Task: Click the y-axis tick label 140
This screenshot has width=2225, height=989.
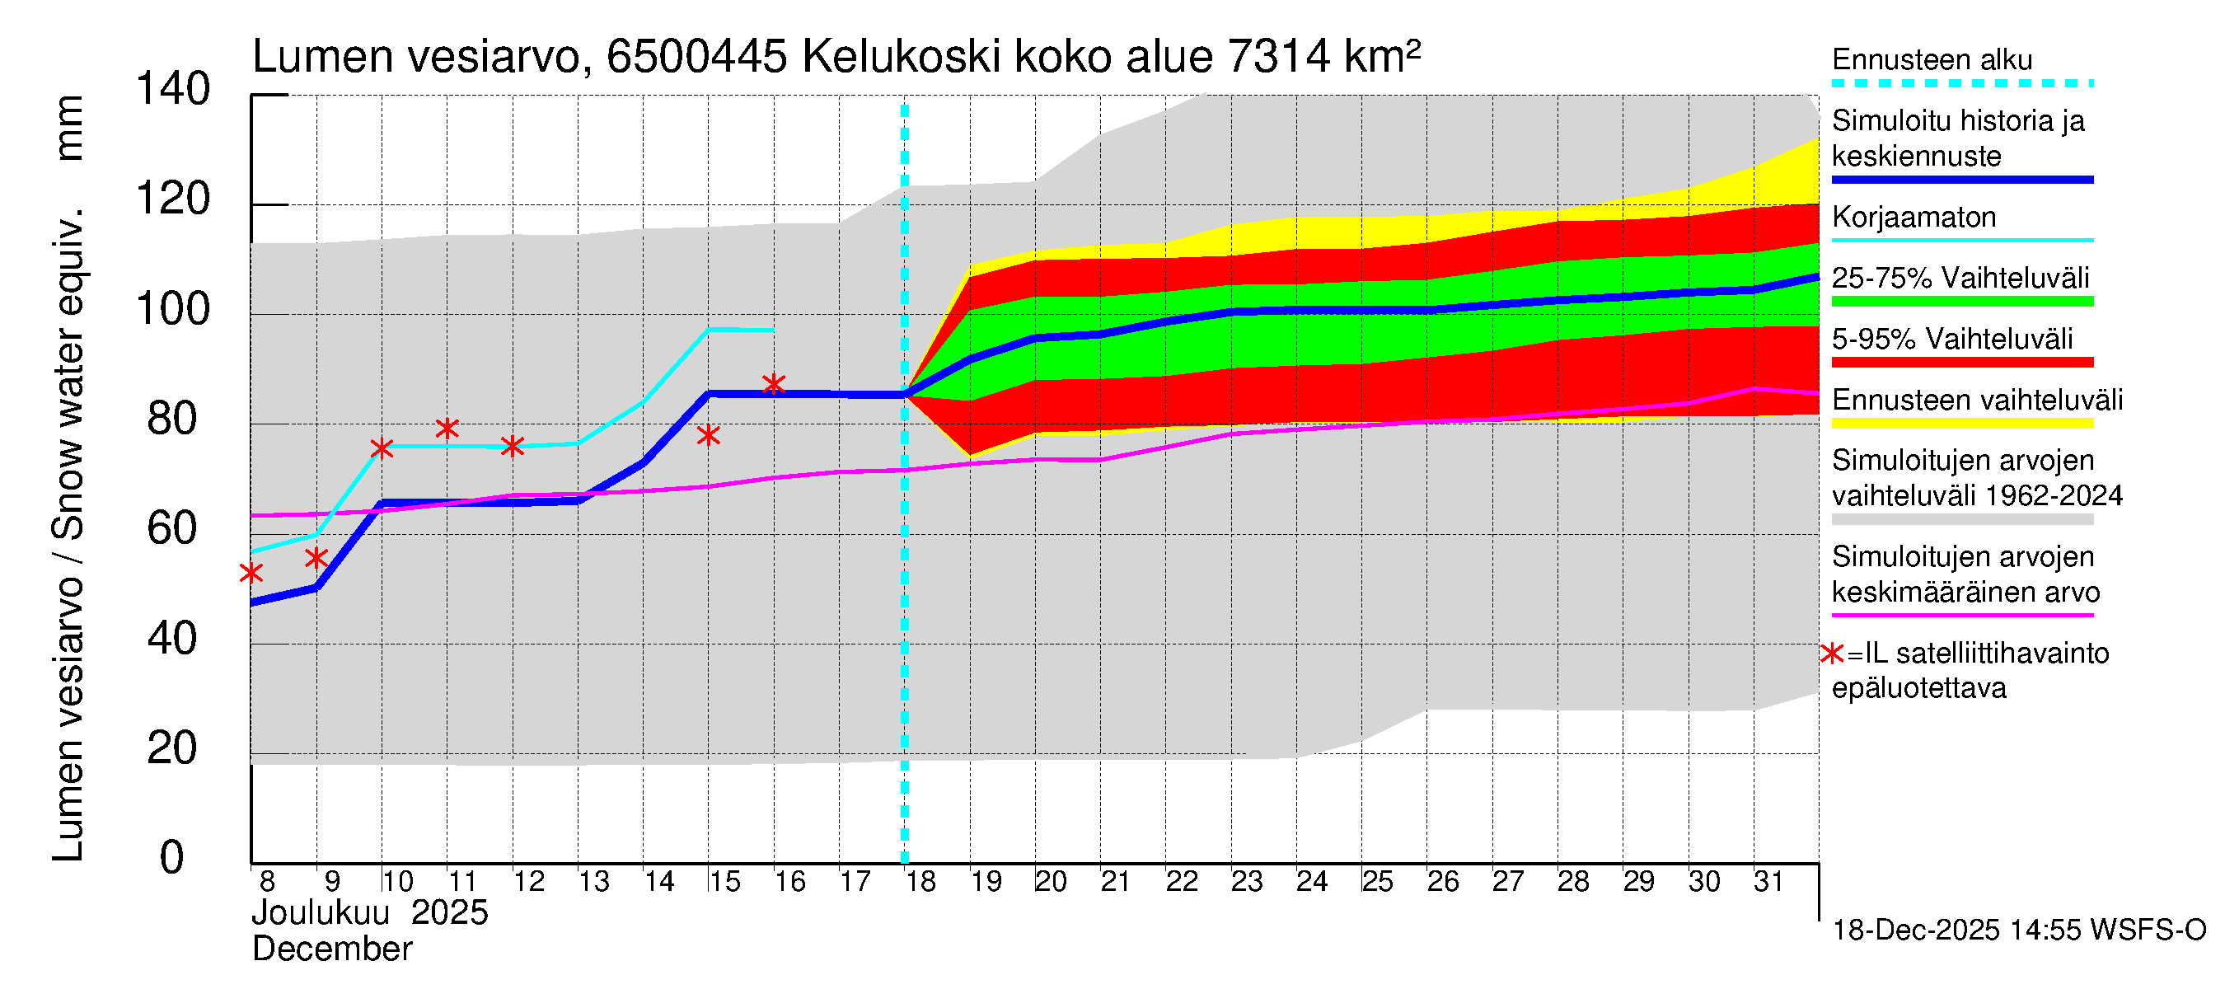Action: click(x=173, y=89)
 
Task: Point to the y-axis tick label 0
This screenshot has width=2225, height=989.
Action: click(x=172, y=857)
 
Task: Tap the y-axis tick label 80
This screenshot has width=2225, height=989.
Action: click(x=172, y=419)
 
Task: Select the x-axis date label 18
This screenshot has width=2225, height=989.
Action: click(x=920, y=882)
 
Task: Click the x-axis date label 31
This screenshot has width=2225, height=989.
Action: click(x=1768, y=882)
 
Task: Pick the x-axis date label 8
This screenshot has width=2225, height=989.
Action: click(x=267, y=882)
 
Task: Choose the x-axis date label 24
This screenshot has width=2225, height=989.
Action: click(x=1311, y=882)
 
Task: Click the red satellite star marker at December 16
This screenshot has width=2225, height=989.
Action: click(x=774, y=384)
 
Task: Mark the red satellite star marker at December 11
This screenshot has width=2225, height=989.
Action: click(x=447, y=429)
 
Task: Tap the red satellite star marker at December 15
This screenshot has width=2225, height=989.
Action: click(x=708, y=435)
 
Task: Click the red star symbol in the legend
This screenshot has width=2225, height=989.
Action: click(x=1831, y=654)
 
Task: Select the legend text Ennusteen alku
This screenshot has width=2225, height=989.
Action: click(x=1932, y=59)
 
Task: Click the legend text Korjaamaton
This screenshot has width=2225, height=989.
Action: click(x=1913, y=217)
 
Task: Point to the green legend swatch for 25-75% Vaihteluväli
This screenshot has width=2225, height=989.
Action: click(x=1961, y=302)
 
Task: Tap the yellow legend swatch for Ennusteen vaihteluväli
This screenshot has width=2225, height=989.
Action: click(x=1961, y=424)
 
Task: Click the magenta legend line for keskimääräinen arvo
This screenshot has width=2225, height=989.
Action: click(x=1961, y=616)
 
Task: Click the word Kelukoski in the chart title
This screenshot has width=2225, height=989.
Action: click(x=901, y=57)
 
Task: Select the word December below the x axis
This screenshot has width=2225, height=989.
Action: click(x=331, y=949)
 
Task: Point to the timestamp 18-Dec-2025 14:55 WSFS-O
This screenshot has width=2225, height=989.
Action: click(x=2018, y=930)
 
